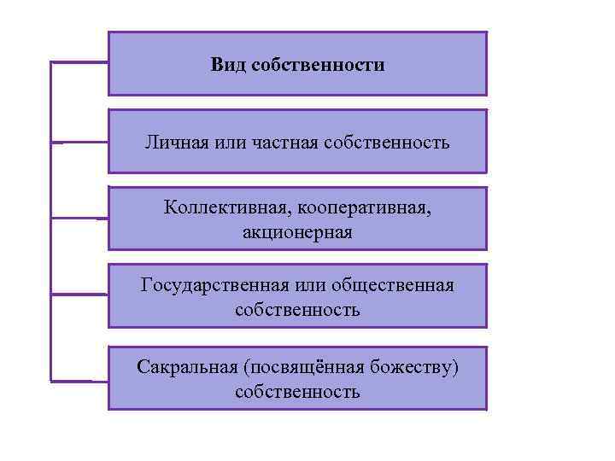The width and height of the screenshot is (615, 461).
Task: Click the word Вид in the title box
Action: tap(228, 65)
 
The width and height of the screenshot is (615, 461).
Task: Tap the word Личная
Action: tap(174, 142)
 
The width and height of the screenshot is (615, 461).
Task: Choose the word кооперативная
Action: tap(358, 208)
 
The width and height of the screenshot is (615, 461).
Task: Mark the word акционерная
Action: tap(296, 231)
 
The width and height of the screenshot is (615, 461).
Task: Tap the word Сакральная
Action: tap(186, 367)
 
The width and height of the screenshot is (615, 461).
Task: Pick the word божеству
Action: tap(415, 367)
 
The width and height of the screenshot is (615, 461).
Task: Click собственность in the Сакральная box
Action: tap(296, 392)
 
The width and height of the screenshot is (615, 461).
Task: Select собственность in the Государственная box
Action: tap(296, 309)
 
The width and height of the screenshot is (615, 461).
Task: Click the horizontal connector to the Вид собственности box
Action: tap(79, 62)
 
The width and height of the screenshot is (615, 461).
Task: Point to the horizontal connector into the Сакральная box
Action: tap(79, 380)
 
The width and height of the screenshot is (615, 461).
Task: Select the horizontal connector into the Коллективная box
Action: tap(79, 219)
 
